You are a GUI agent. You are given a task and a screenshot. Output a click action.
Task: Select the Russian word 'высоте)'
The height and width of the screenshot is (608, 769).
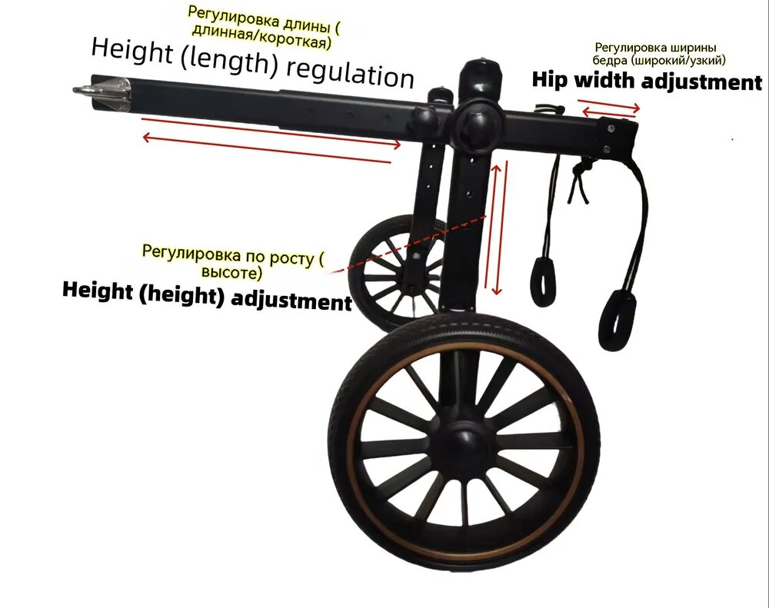[232, 272]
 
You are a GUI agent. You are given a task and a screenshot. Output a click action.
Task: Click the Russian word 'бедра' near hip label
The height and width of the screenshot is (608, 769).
[609, 60]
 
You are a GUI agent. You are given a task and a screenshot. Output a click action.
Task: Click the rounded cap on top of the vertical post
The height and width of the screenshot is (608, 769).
[481, 74]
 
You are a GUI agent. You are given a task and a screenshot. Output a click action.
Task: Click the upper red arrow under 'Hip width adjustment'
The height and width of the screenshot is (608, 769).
[609, 105]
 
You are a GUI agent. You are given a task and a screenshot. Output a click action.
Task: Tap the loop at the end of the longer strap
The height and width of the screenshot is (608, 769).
[616, 321]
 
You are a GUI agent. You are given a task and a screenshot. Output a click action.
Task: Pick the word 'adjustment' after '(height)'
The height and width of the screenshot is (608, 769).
[291, 300]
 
